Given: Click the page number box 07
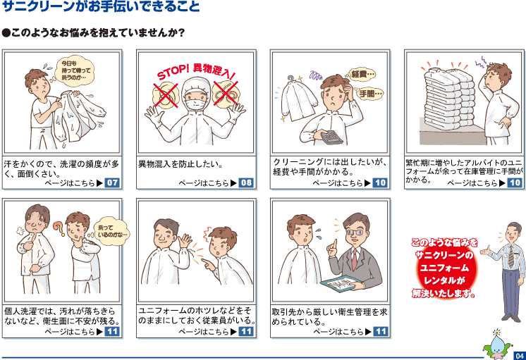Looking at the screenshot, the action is tap(112, 182).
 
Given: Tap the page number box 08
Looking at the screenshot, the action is tap(246, 182).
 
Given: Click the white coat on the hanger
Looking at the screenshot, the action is tap(298, 99).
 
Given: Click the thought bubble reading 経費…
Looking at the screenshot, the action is tap(362, 74).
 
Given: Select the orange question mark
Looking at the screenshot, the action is tap(59, 228).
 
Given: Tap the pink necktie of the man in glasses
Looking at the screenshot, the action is tap(355, 259).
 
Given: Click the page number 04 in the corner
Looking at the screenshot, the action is tap(520, 356).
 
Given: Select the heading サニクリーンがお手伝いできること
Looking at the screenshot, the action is tap(101, 6).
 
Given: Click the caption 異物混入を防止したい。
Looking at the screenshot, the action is tap(181, 164).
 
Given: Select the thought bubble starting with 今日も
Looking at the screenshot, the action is tap(76, 70).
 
